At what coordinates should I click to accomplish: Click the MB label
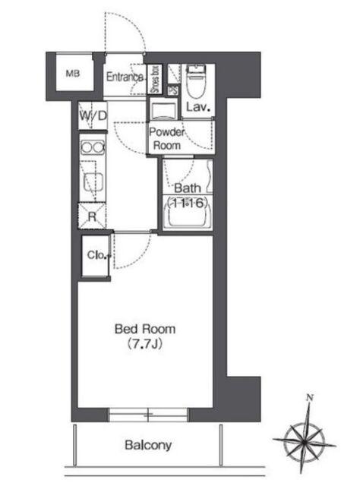(x=73, y=74)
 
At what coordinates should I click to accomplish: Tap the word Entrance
(x=125, y=77)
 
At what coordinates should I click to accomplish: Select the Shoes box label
(x=155, y=79)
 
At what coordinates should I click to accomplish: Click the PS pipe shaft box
(x=173, y=90)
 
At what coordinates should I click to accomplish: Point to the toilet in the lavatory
(x=196, y=81)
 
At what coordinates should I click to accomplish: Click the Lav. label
(x=198, y=107)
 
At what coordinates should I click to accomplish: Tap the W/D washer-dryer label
(x=93, y=115)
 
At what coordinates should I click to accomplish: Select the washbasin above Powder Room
(x=163, y=109)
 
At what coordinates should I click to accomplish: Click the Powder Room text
(x=167, y=138)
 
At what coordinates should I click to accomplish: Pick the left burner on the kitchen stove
(x=87, y=147)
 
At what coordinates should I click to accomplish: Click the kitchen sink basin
(x=93, y=181)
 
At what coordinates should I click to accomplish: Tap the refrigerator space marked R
(x=92, y=216)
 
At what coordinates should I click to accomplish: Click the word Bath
(x=188, y=188)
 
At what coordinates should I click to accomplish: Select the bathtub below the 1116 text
(x=188, y=213)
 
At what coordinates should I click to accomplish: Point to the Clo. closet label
(x=98, y=255)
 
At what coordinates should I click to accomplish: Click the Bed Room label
(x=145, y=329)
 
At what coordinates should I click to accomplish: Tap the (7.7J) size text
(x=145, y=344)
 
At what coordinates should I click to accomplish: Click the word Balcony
(x=148, y=445)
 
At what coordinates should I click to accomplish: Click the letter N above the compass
(x=309, y=397)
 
